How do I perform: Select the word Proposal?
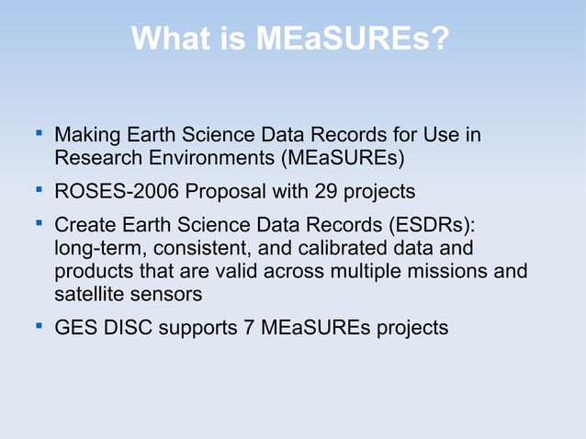coord(217,192)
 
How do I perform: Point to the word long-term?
coord(99,249)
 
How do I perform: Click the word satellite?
coord(89,294)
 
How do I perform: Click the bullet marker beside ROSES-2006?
coord(39,190)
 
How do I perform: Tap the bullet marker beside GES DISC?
coord(39,326)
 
